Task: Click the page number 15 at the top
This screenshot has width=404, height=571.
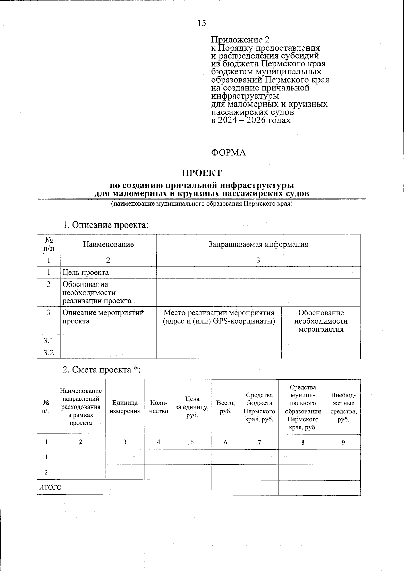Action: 202,23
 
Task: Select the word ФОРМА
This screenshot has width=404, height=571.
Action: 229,153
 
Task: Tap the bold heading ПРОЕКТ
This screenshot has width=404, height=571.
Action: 202,173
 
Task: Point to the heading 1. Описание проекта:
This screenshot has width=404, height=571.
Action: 105,225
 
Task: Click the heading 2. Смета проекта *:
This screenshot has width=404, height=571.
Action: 101,370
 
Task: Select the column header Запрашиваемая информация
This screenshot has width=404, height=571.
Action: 258,244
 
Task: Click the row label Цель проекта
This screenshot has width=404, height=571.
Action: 86,272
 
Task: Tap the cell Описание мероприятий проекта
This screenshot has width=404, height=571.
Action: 103,317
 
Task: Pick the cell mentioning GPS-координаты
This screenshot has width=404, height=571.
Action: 219,317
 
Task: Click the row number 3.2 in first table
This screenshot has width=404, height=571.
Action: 48,353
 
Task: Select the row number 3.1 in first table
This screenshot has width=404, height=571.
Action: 48,341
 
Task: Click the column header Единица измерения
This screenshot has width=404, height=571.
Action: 125,407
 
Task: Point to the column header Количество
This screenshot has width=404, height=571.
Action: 159,407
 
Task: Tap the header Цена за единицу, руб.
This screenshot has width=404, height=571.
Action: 192,407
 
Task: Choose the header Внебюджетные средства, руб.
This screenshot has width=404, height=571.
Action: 343,407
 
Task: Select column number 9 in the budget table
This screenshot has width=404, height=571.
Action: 343,442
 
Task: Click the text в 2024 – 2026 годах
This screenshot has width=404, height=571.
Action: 251,120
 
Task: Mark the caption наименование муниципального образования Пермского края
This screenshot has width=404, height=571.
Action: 202,204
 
